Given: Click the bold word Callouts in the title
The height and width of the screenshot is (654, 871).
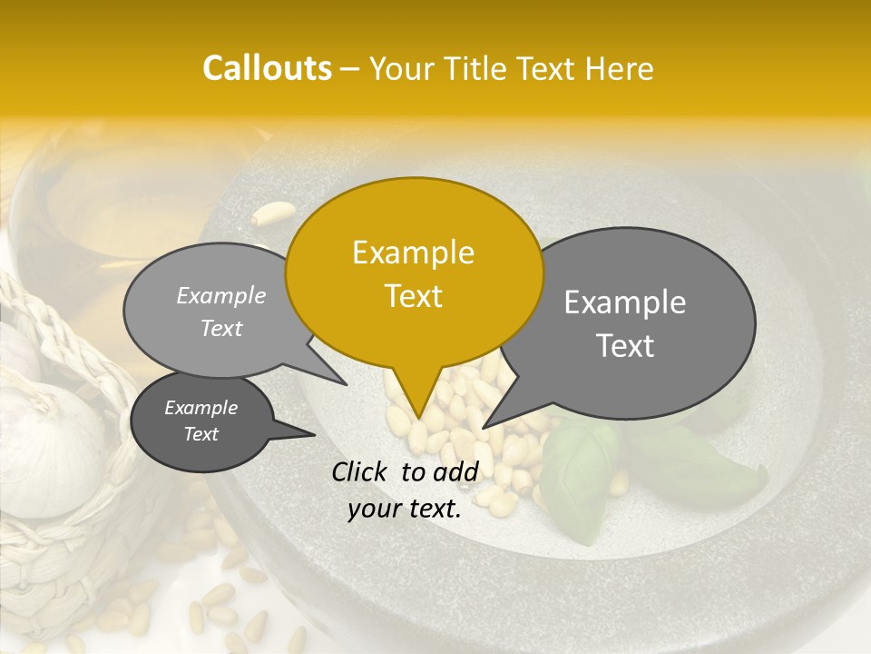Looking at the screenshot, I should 267,68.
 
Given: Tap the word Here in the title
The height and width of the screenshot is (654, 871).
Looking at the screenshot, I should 616,68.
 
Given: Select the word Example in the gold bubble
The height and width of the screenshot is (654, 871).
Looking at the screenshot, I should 413,253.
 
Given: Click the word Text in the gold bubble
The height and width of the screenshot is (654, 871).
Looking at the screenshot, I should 413,296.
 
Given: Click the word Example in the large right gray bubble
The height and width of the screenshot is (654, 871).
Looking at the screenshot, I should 624,302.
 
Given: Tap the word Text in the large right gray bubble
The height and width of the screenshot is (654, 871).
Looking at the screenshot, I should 624,346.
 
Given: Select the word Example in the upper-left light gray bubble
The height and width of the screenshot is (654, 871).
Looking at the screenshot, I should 221,295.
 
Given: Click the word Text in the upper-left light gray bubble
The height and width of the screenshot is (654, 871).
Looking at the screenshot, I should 221,328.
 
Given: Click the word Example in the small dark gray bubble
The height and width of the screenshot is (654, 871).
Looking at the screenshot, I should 201,408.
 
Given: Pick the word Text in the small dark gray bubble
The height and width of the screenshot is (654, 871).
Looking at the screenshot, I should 201,434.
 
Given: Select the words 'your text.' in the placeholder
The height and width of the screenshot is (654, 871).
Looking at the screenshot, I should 405,510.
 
